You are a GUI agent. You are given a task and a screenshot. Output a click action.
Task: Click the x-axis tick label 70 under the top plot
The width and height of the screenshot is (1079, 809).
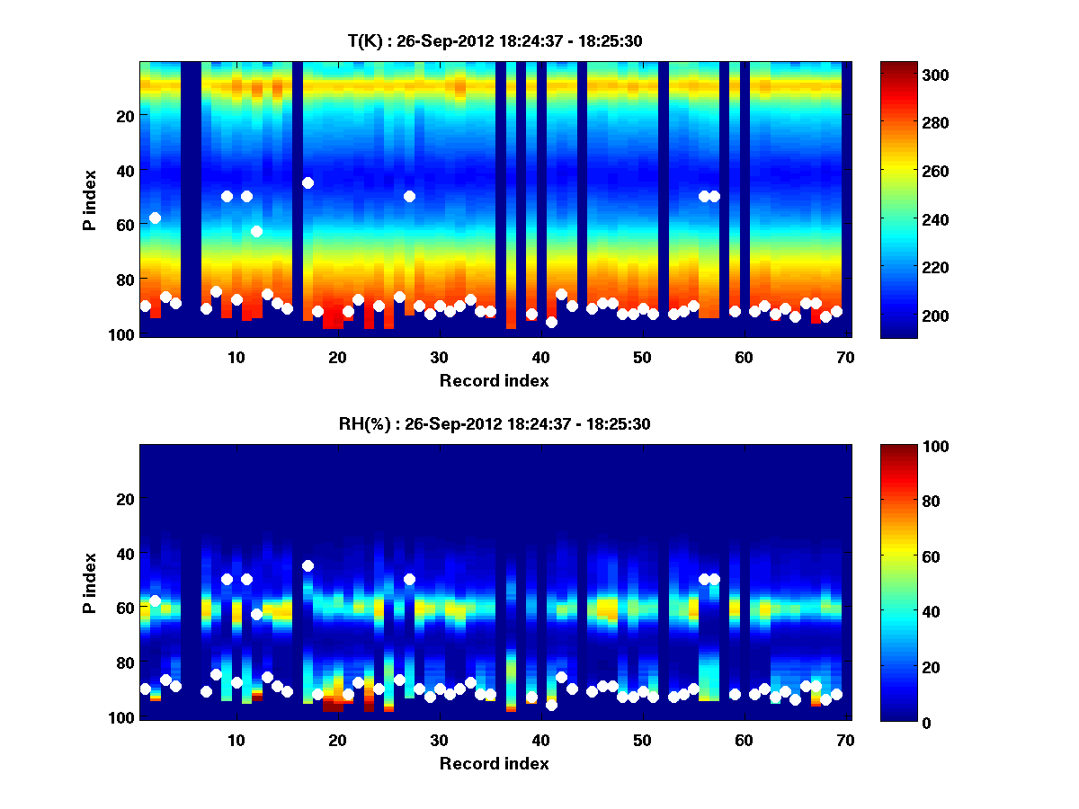coord(845,357)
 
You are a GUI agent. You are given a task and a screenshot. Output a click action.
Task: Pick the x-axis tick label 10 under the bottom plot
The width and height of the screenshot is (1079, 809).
coord(236,740)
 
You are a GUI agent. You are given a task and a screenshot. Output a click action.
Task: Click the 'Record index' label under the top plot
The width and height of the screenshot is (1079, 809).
coord(494,380)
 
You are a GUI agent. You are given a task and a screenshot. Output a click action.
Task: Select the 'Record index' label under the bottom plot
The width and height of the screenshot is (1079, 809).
coord(494,763)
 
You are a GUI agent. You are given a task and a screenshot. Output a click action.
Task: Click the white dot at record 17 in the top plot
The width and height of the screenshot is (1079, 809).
coord(308,182)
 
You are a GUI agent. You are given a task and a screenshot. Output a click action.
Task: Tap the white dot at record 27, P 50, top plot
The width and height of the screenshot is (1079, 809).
coord(409,196)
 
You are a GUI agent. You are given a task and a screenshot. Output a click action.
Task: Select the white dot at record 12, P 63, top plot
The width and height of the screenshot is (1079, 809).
coord(256,231)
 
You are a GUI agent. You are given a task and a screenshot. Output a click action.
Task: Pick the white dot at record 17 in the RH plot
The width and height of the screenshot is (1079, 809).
coord(308,565)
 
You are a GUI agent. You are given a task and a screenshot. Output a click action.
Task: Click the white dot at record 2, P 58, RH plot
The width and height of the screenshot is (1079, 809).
coord(155,600)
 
